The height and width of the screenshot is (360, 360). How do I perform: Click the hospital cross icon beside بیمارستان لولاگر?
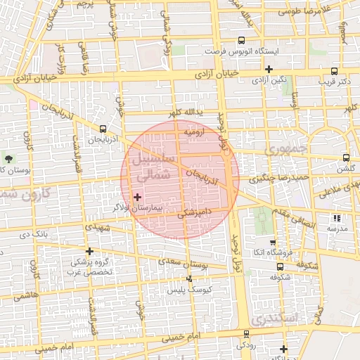pyautogui.click(x=136, y=198)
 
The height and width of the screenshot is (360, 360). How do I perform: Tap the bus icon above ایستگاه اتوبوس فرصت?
pyautogui.click(x=242, y=41)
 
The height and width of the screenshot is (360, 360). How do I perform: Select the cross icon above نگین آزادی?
pyautogui.click(x=269, y=69)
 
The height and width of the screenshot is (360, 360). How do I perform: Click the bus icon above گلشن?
pyautogui.click(x=345, y=158)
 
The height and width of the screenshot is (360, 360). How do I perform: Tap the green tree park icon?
pyautogui.click(x=9, y=159)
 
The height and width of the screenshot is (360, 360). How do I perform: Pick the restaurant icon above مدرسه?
pyautogui.click(x=337, y=218)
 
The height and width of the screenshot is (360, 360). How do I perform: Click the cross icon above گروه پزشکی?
pyautogui.click(x=89, y=251)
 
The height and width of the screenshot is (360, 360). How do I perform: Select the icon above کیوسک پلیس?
pyautogui.click(x=188, y=278)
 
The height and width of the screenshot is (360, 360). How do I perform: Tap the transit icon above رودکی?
pyautogui.click(x=246, y=334)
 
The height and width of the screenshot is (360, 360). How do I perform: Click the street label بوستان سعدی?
pyautogui.click(x=187, y=264)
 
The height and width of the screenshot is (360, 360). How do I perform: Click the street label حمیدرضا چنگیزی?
pyautogui.click(x=281, y=179)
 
